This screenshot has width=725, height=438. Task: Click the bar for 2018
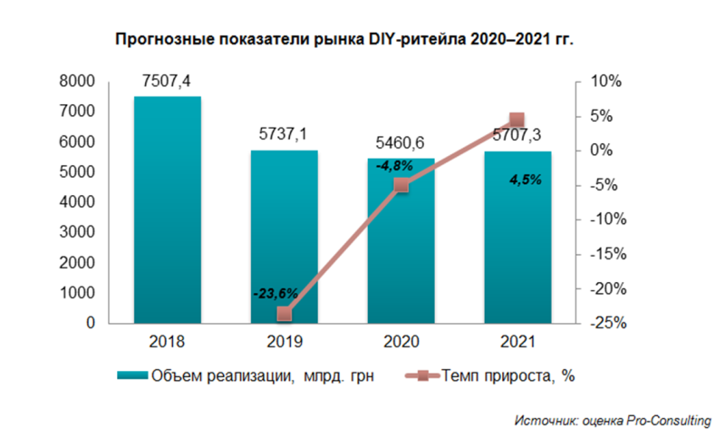coord(168,209)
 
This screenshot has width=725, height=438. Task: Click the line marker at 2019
coord(285,314)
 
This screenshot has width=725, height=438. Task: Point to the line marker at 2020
coord(401,184)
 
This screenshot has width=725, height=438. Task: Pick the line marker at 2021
coord(517,120)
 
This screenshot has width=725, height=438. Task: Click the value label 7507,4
coord(167,83)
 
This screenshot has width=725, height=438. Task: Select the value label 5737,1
coord(284,135)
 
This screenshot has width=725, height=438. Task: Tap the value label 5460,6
coord(401,143)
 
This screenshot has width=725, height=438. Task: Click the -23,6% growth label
coord(279,294)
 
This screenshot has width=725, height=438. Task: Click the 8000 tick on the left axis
coord(79,82)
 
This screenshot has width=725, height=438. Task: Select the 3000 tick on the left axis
coord(79,232)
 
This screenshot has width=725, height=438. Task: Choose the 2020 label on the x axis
coord(401,343)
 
